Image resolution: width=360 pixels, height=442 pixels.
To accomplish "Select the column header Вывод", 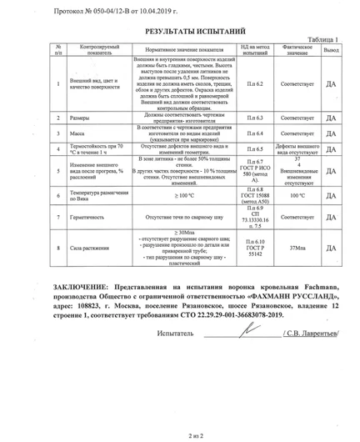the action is click(x=331, y=50).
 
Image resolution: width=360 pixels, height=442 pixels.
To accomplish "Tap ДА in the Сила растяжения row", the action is click(x=331, y=248).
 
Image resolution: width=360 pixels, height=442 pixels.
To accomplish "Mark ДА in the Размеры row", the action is click(x=331, y=118).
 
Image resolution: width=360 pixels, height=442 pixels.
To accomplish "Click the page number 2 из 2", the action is click(x=179, y=435).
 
